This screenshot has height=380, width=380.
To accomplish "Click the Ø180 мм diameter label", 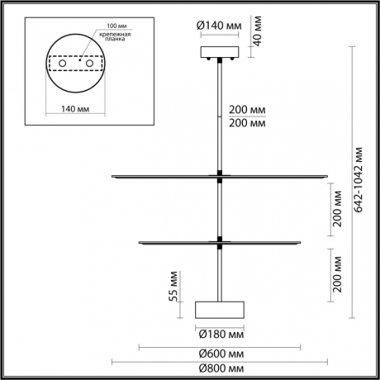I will [220, 334].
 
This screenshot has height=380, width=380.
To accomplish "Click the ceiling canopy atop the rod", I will [220, 53].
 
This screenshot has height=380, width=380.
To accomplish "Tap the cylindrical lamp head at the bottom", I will [220, 310].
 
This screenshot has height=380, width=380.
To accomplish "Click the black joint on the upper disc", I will [220, 174].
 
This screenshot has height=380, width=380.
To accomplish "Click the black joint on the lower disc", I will [220, 241].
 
